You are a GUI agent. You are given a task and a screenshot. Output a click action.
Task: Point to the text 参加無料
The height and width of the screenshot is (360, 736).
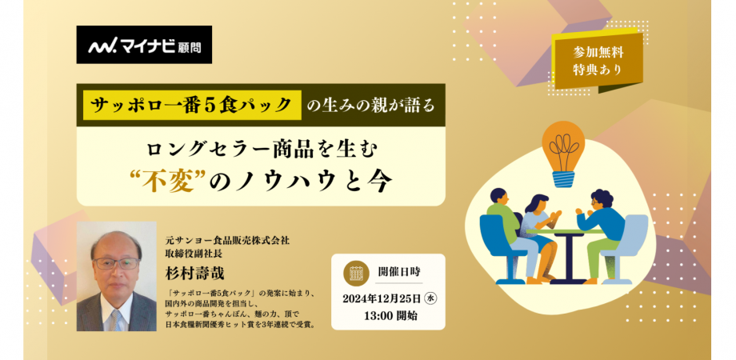point(598,51)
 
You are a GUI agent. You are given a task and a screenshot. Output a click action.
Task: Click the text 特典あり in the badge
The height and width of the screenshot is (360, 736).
point(598,70)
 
